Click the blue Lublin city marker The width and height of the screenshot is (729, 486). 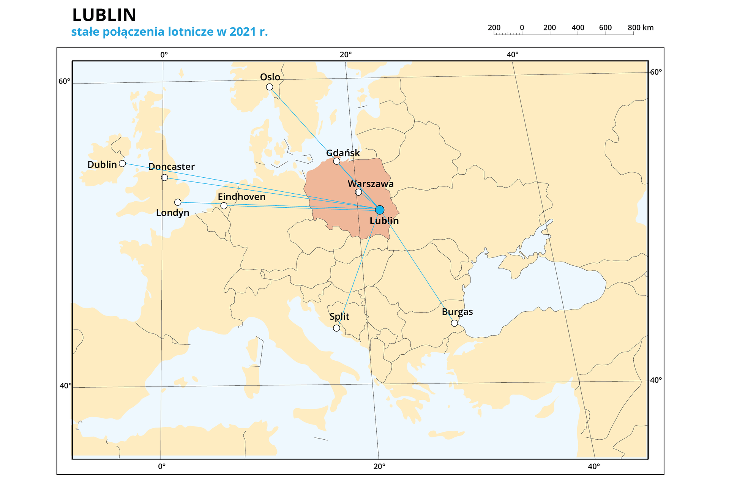point(379,210)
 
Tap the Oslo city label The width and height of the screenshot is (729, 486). point(270,77)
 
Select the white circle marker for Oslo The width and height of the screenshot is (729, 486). point(270,87)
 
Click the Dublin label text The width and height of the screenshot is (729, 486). point(102,164)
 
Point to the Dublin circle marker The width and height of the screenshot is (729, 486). point(122,164)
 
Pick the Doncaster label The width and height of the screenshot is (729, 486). point(172,167)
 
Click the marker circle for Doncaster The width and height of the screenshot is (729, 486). point(164,177)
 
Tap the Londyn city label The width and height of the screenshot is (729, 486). point(172,213)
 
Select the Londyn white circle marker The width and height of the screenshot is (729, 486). point(178,202)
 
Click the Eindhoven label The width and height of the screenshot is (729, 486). point(241,197)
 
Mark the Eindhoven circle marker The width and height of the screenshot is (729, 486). point(224,206)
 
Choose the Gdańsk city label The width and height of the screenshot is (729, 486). point(343,153)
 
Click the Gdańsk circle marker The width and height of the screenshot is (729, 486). point(337,161)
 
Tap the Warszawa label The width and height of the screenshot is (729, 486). point(371,184)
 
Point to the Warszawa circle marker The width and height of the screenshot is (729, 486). point(358,192)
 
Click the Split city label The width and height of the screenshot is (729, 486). point(339,317)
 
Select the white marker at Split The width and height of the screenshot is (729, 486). point(336,328)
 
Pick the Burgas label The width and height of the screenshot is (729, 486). point(457,312)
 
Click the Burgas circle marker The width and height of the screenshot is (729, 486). point(454,323)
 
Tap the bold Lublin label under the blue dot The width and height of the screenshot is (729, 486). point(384,221)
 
